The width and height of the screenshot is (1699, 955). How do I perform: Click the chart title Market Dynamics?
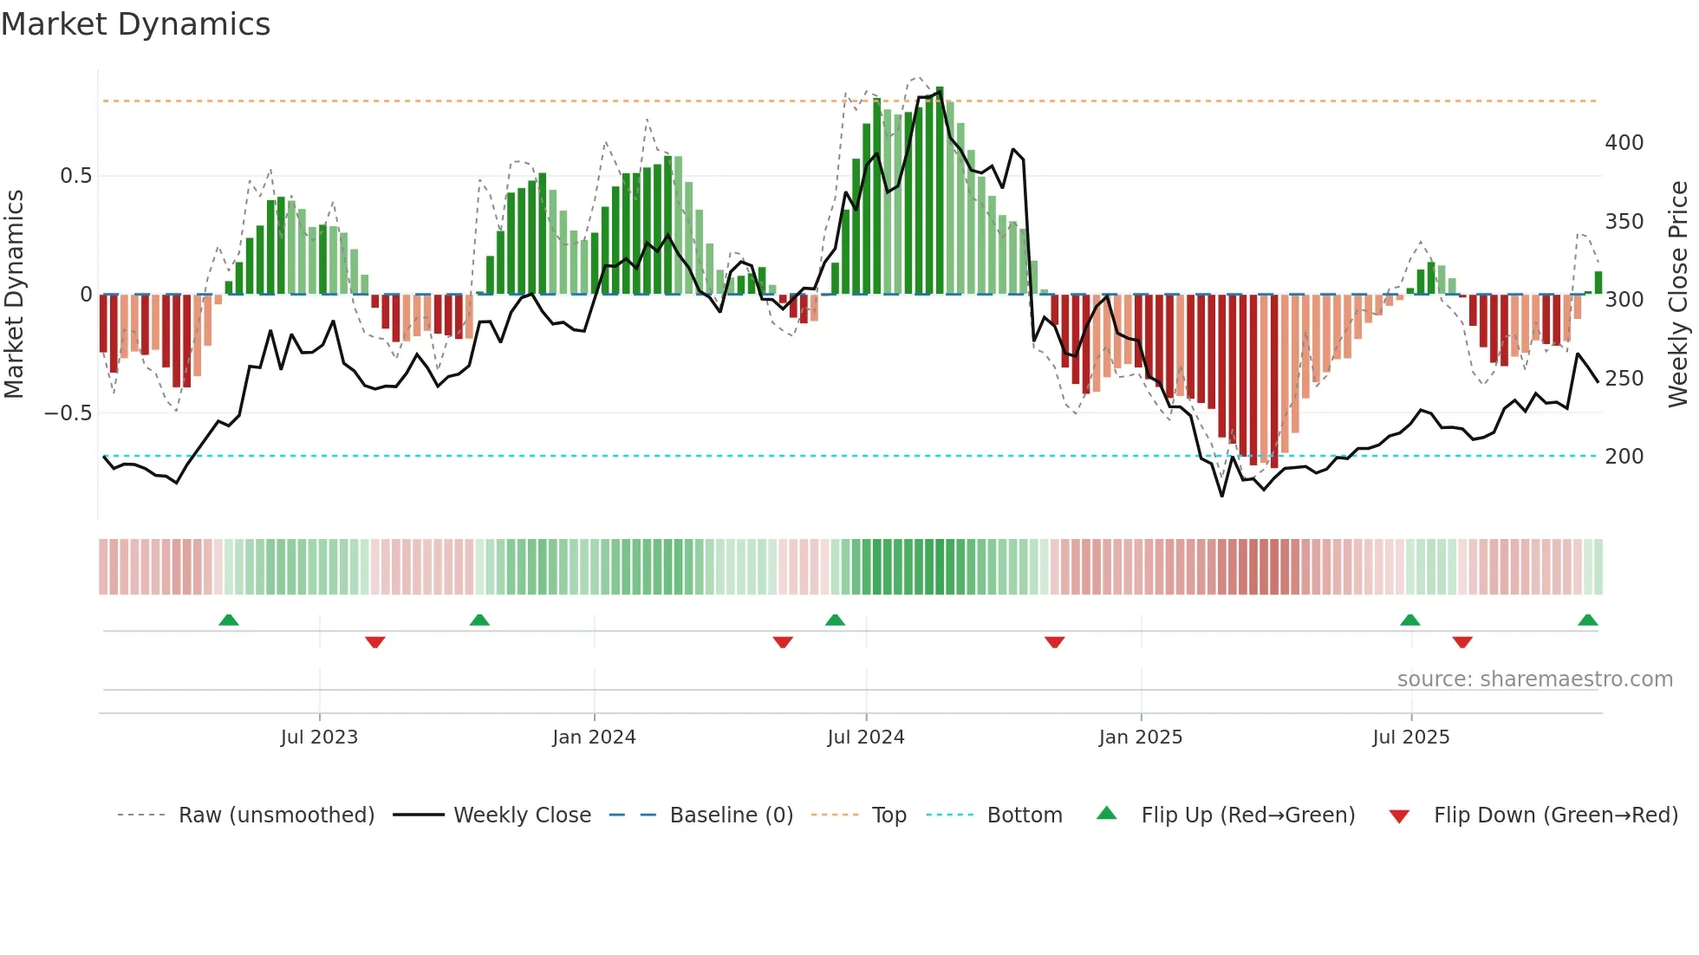point(135,24)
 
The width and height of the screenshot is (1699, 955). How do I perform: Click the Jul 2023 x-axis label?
point(319,737)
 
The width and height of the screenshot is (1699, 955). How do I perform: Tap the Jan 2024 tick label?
point(594,737)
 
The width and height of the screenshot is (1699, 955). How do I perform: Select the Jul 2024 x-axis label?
point(865,737)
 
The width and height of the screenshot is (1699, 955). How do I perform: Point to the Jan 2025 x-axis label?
point(1140,737)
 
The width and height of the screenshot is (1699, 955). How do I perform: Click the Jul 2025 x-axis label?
point(1410,737)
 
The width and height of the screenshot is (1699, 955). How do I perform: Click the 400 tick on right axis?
point(1624,143)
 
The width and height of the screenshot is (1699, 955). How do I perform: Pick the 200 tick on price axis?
point(1624,457)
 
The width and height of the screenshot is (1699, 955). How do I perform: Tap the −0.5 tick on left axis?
point(68,413)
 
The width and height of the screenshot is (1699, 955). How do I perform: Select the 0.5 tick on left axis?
point(75,176)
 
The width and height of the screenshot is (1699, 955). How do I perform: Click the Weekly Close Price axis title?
point(1678,295)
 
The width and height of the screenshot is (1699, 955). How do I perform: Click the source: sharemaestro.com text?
point(1534,679)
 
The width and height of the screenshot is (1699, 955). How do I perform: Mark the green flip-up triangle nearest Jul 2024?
point(835,620)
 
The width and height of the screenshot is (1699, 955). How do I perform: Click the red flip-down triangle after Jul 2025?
point(1462,642)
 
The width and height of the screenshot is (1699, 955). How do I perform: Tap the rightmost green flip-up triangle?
point(1587,620)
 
